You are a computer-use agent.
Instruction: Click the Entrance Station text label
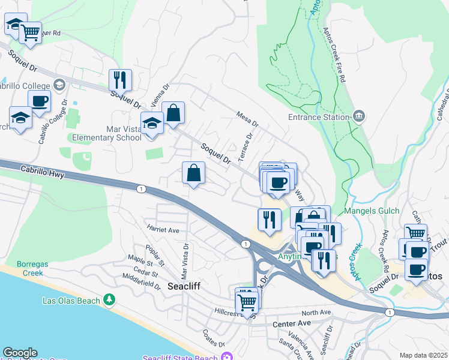(318, 118)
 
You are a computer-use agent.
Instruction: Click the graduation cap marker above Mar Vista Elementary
(152, 124)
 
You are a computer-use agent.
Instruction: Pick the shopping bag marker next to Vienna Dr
(173, 113)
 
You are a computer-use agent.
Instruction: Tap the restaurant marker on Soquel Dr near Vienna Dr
(120, 80)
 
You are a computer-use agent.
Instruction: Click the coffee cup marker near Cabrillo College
(39, 101)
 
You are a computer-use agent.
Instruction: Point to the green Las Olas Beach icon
(109, 299)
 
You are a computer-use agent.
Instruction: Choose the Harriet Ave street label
(163, 230)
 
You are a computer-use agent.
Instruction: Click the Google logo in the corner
(20, 353)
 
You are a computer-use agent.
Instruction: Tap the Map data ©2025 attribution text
(423, 355)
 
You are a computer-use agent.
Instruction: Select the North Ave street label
(316, 313)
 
